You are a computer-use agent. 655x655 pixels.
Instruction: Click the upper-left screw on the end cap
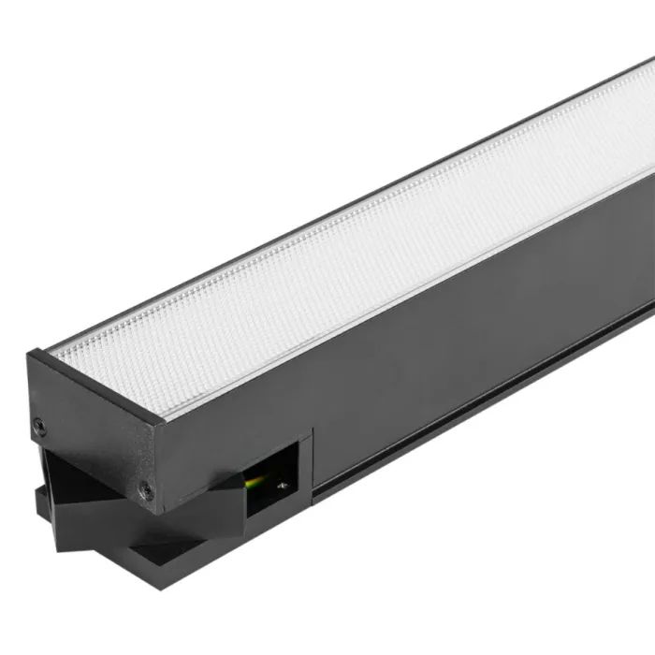point(39,425)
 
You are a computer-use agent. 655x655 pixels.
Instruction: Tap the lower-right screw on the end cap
point(146,488)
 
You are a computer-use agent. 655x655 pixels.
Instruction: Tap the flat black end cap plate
point(94,430)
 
